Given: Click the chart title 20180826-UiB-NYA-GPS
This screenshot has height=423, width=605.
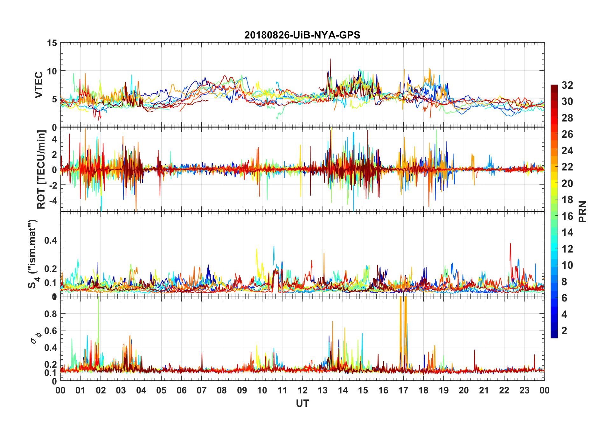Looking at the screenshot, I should [302, 35].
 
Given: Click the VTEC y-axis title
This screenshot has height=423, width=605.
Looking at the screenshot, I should [39, 85].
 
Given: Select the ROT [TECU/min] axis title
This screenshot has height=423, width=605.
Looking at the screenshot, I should [41, 169].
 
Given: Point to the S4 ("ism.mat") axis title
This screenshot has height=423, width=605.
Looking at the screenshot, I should [33, 254].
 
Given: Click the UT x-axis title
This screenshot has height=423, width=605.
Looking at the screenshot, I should [302, 403].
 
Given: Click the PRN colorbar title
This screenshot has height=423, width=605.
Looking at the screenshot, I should [582, 211].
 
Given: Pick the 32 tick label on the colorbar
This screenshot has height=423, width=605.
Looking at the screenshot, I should [567, 85].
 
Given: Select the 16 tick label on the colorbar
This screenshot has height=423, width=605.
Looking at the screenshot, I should [567, 216].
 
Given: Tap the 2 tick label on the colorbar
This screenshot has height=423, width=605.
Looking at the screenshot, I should [564, 331].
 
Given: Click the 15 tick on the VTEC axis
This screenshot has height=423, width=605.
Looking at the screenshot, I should [52, 43].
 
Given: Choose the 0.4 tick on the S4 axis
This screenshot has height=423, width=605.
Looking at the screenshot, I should [51, 240].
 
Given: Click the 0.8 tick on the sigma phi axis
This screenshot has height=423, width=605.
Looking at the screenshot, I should [51, 314].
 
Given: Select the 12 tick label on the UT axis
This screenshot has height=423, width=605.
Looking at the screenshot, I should [302, 390].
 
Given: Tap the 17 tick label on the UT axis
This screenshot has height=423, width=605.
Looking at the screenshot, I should [403, 390].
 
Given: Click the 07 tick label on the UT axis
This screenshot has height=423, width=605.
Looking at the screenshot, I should [201, 390].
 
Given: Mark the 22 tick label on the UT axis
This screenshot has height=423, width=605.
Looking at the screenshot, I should [504, 390].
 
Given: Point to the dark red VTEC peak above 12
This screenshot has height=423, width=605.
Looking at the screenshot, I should [331, 59].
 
